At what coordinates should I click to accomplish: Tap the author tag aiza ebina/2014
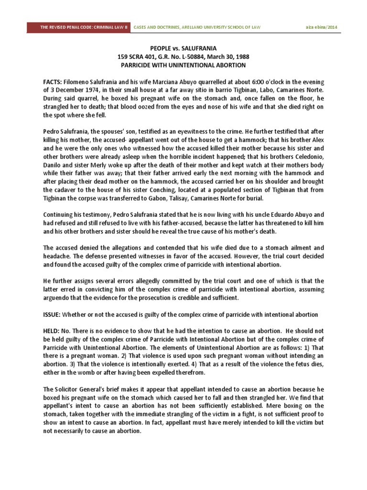(x=321, y=27)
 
